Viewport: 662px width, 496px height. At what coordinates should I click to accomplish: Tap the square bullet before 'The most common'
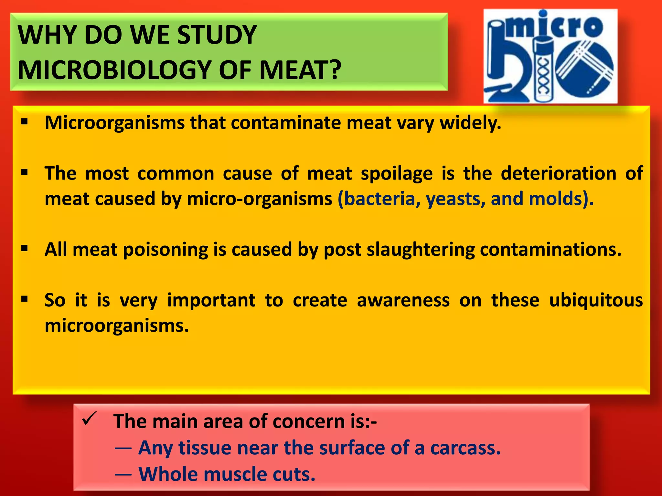pos(25,173)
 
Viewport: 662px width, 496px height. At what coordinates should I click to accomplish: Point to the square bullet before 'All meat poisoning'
pos(25,249)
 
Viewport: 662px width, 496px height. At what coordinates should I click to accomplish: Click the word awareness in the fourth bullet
pos(403,300)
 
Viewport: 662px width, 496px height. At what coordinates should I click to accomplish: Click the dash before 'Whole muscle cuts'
pos(123,474)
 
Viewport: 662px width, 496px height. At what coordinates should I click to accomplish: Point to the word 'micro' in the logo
pos(555,26)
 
